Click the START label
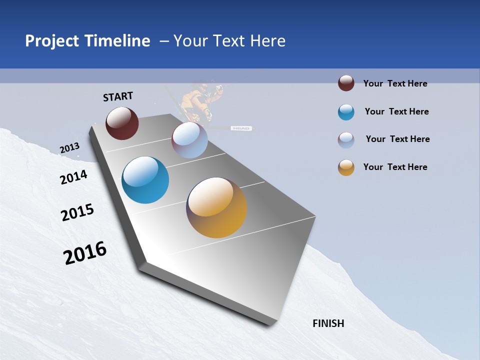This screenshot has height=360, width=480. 118,96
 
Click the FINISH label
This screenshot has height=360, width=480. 328,323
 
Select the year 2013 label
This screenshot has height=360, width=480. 69,148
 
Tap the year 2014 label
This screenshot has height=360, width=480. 73,177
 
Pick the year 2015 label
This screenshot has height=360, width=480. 77,212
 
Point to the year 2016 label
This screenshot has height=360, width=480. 85,253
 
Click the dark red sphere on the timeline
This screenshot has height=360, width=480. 122,123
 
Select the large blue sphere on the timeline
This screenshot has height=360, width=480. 145,180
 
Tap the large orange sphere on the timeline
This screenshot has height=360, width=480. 216,207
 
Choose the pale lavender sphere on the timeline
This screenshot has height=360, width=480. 189,140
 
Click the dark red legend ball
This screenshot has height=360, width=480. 346,83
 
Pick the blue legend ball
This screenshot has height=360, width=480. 346,112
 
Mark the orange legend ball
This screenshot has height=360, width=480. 346,167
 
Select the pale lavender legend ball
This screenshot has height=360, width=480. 346,140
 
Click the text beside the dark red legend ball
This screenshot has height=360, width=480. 395,83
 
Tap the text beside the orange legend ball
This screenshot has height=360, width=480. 395,167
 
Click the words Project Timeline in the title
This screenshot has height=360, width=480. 87,41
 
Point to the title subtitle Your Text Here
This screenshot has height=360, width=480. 229,41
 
